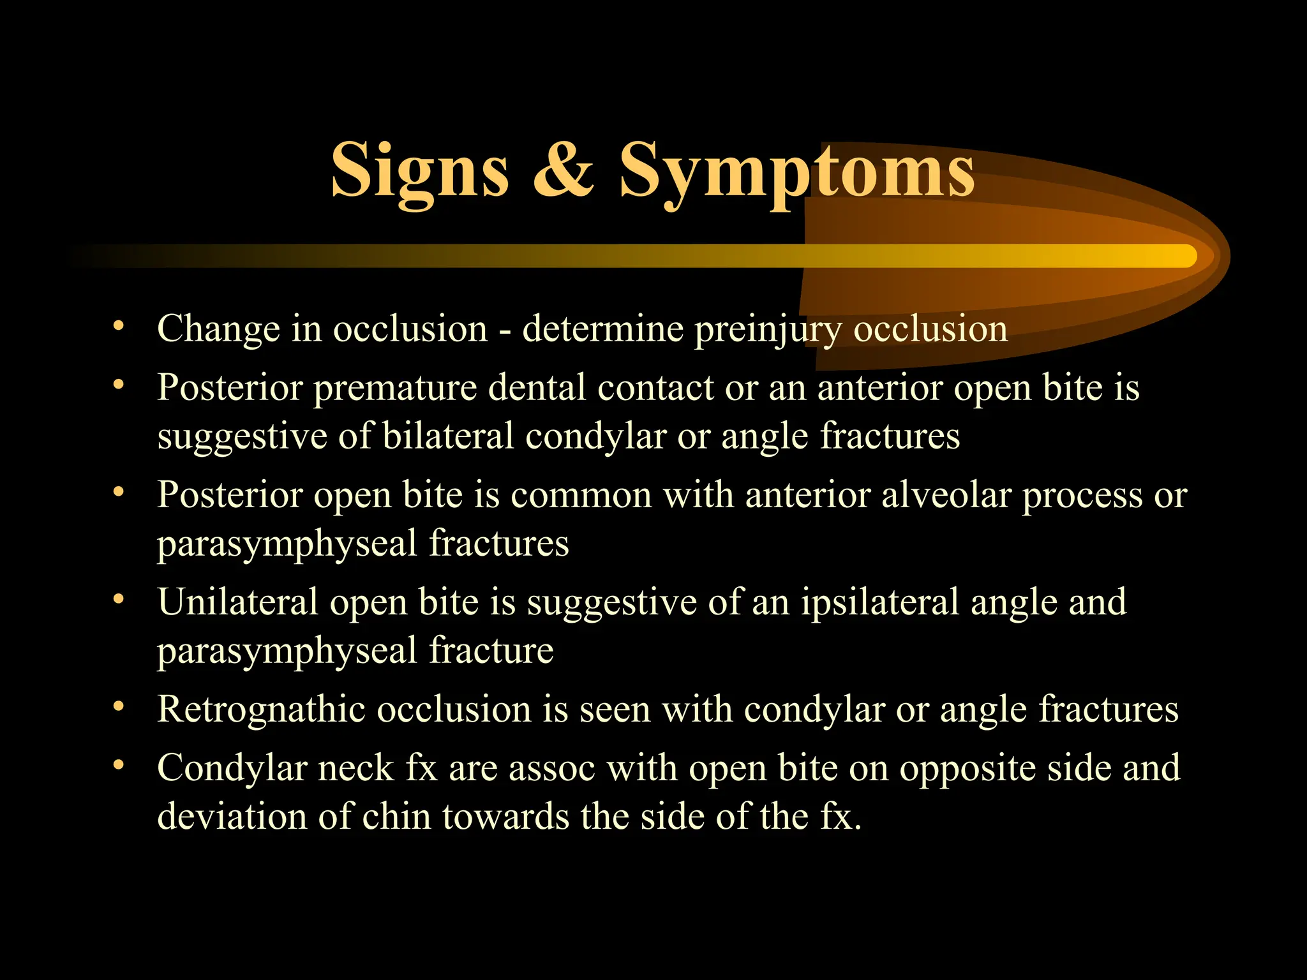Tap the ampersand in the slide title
click(563, 170)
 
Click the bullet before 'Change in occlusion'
click(118, 327)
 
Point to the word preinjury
click(768, 330)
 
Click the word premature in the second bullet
click(395, 389)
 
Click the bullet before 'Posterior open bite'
click(118, 493)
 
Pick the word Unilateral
click(238, 603)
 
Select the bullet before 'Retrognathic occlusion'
click(118, 707)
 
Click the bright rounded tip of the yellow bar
click(1186, 256)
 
